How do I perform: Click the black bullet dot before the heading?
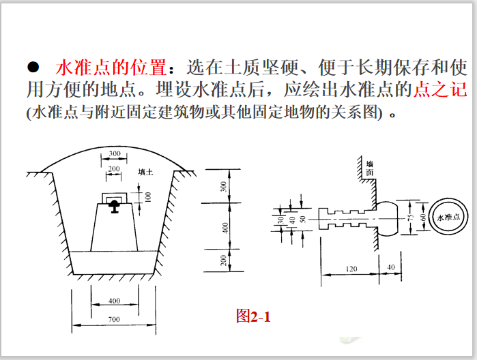point(31,67)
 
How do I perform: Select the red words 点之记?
point(440,90)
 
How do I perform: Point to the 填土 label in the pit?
point(145,172)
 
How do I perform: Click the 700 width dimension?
point(115,318)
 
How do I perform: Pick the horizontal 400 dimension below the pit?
point(115,300)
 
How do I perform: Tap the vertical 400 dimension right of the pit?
point(223,227)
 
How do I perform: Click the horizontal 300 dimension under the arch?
point(115,154)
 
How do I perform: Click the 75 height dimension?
point(410,217)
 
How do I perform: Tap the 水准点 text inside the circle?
point(450,217)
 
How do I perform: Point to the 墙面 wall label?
point(369,168)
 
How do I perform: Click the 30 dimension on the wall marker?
point(280,219)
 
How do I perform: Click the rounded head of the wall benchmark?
point(388,218)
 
